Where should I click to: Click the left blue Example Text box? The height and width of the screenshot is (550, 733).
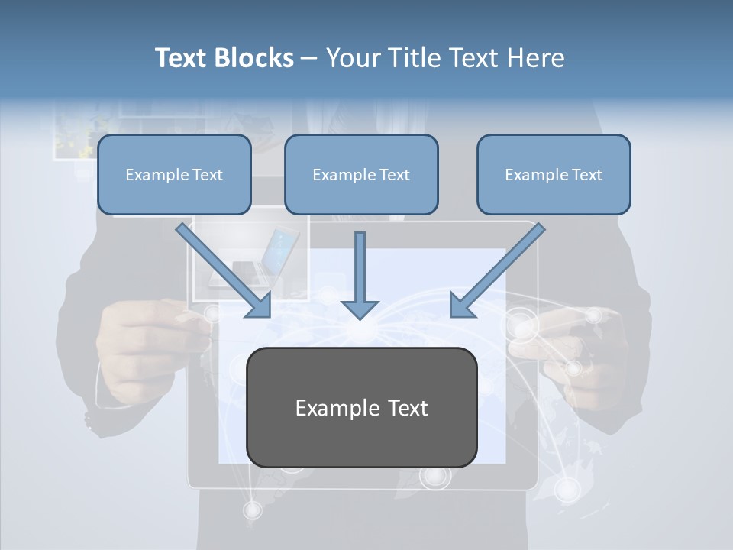coord(174,174)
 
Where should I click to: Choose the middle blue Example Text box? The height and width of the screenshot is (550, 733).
coord(361,174)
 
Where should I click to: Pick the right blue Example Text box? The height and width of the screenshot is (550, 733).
coord(554,174)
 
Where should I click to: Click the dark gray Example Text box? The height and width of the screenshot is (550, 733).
coord(361,407)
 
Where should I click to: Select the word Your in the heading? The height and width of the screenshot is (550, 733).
coord(351,58)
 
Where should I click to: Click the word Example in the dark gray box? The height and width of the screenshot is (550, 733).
coord(333,407)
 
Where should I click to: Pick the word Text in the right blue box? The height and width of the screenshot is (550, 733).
coord(586,174)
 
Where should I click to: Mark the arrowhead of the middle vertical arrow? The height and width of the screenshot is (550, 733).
coord(360,309)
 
